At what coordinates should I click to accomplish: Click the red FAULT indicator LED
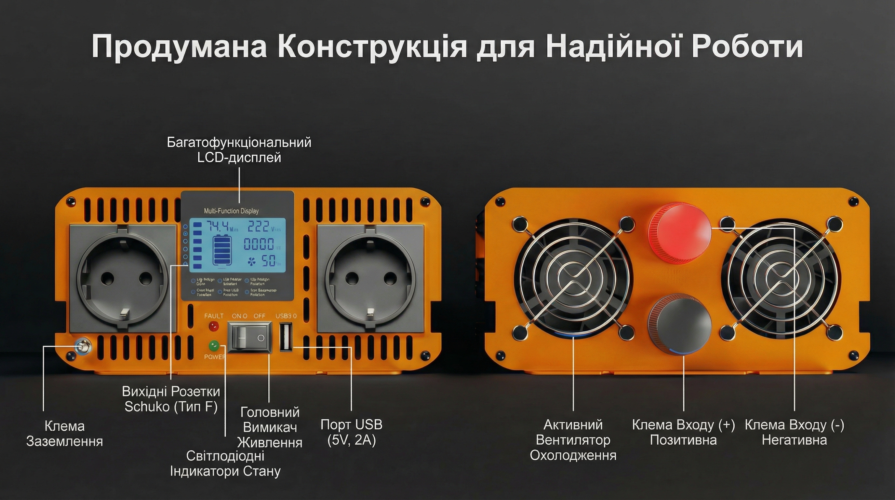click(213, 326)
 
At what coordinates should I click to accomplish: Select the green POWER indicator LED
click(213, 346)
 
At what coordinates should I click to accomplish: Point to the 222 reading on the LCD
click(259, 227)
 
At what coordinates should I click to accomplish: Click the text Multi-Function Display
click(231, 211)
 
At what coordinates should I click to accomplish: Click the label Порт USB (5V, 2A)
click(351, 432)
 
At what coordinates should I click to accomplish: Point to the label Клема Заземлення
click(65, 434)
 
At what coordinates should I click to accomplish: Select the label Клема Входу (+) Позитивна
click(683, 432)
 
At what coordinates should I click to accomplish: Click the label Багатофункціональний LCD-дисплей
click(239, 150)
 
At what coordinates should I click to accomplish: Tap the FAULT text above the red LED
click(214, 316)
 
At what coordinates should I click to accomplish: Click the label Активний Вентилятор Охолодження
click(573, 440)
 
